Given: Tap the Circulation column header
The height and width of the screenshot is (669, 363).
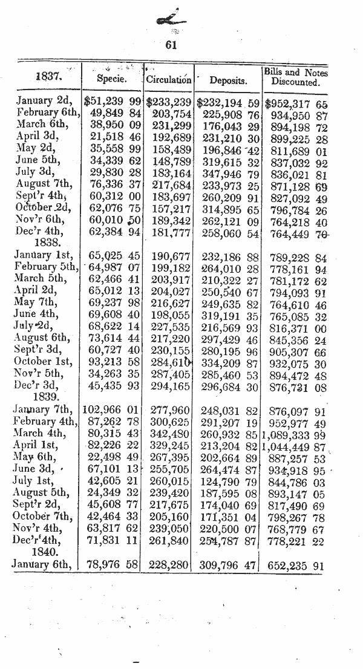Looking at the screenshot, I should point(169,79).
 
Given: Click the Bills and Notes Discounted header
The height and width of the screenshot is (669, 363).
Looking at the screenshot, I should point(295,77).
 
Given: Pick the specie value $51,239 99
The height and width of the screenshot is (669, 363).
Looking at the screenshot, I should point(113,100).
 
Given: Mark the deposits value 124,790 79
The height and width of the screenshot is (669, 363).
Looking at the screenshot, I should point(231,483).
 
